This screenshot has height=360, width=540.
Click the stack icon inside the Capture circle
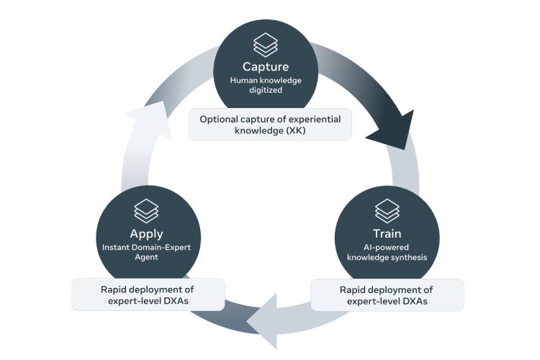[x=266, y=44]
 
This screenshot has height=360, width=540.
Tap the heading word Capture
[x=266, y=68]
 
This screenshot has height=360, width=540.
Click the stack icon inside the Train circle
[x=387, y=210]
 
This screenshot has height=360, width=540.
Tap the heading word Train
[x=387, y=234]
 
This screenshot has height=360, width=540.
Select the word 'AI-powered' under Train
[x=387, y=248]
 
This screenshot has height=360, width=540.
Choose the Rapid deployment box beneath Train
[x=387, y=295]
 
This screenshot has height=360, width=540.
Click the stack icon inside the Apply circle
[x=146, y=210]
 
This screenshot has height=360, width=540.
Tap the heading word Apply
[x=146, y=234]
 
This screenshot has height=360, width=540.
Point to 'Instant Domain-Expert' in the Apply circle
[x=146, y=248]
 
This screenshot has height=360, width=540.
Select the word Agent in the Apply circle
[x=146, y=257]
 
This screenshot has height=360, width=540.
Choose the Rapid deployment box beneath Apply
[x=147, y=295]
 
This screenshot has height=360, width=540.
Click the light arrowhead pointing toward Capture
[x=142, y=122]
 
